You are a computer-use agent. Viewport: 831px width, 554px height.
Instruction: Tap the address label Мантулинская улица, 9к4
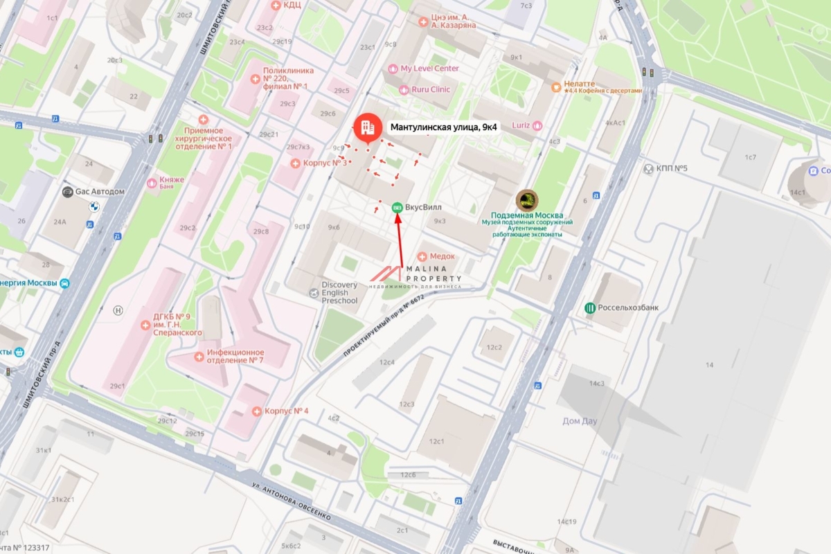pos(444,127)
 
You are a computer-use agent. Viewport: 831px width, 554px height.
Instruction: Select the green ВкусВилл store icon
pos(397,207)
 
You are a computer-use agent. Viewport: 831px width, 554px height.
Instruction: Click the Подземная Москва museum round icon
pos(527,200)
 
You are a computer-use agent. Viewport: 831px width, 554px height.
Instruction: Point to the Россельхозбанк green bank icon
pos(590,307)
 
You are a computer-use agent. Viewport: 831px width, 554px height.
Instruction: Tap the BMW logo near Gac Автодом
pos(91,206)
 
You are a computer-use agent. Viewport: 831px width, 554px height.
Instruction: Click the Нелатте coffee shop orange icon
pos(555,87)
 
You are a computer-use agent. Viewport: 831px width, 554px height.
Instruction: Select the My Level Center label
pos(429,69)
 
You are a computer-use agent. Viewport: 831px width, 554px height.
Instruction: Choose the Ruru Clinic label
pos(430,89)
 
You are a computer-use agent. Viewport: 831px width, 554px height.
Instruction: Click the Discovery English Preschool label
pos(339,293)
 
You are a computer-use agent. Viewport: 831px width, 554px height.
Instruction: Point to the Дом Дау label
pos(580,421)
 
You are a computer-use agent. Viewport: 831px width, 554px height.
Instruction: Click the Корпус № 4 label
pos(286,411)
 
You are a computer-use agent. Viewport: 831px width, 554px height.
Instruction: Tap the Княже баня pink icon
pos(152,183)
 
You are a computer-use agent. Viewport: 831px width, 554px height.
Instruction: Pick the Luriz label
pos(521,125)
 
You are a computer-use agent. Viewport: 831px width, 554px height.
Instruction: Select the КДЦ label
pos(292,5)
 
